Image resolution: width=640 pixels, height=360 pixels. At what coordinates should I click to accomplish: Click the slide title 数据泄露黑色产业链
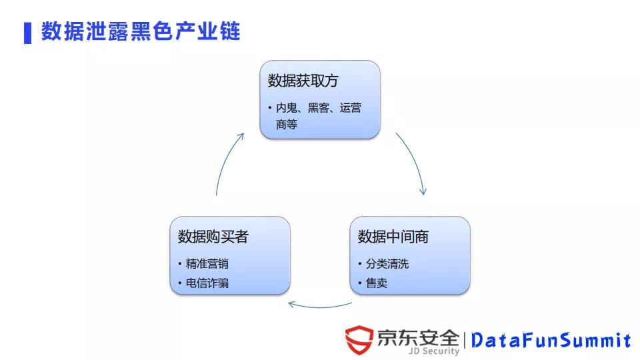click(141, 31)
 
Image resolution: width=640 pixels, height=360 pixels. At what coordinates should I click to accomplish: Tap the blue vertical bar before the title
click(27, 33)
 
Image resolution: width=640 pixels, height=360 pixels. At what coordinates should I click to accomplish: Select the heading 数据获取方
click(303, 81)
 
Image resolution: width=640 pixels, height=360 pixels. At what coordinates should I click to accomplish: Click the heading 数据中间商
click(393, 237)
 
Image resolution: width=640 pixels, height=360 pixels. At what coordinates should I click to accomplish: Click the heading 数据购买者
click(213, 237)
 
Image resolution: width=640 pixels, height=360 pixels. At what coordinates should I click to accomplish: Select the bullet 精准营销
click(207, 264)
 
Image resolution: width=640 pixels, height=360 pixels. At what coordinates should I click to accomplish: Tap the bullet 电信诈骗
click(207, 283)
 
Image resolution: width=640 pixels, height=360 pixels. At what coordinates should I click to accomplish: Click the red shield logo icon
click(359, 340)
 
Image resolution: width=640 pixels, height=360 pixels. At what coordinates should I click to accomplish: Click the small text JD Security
click(434, 351)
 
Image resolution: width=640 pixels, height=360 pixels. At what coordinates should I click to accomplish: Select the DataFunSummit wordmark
click(551, 341)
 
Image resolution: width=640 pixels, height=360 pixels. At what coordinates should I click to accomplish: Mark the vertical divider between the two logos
click(465, 341)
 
